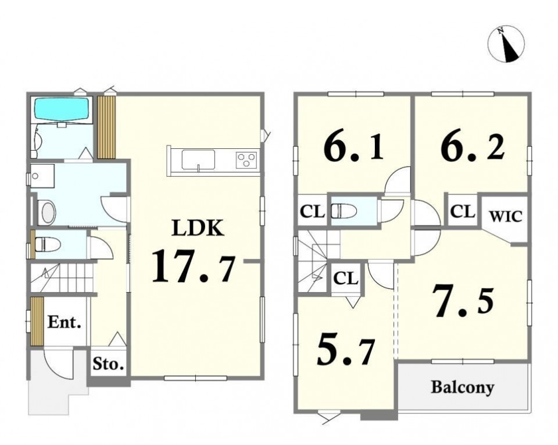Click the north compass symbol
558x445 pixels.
tap(506, 44)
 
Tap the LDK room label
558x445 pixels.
tap(198, 228)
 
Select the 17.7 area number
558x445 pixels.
tap(194, 266)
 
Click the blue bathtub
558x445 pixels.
tap(61, 109)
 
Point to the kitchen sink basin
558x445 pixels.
tap(199, 160)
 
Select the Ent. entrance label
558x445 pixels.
tap(65, 322)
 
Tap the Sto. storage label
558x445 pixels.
tap(108, 364)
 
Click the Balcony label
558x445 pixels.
tap(463, 387)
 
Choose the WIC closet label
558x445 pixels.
tap(505, 216)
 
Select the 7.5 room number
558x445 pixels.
tap(463, 302)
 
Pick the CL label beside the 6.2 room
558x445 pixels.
tap(463, 212)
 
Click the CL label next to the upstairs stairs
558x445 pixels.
tap(346, 279)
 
